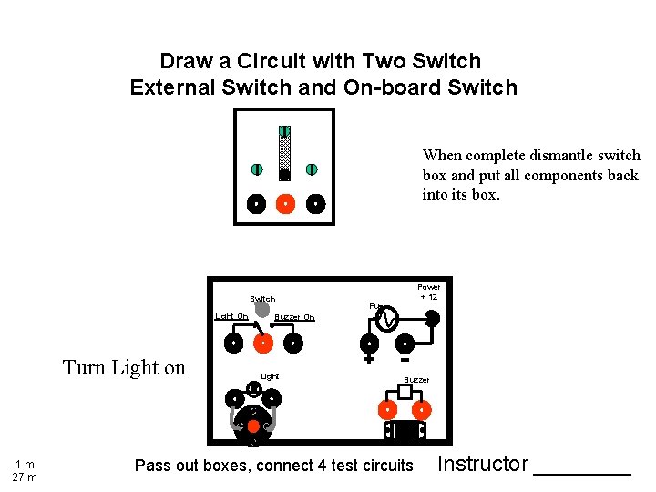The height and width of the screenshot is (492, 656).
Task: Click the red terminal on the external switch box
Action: click(285, 203)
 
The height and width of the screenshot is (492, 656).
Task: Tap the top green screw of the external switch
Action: click(284, 131)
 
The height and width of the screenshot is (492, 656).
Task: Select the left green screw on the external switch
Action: click(257, 169)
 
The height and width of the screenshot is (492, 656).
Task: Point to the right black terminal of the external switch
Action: click(314, 203)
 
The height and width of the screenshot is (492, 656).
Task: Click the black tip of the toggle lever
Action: click(284, 174)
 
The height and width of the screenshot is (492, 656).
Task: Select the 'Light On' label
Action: click(231, 316)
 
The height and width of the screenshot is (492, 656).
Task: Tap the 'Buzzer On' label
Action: click(294, 317)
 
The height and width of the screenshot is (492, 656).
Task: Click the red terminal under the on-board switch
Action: click(262, 343)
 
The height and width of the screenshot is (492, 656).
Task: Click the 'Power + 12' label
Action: click(428, 292)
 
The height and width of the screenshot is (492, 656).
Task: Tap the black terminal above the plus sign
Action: click(369, 343)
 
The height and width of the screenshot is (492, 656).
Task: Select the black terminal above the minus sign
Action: click(403, 343)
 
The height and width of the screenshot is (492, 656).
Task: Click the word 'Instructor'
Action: click(482, 464)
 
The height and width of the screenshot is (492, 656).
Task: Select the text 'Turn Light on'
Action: click(124, 368)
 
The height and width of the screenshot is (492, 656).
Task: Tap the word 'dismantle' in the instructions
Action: click(541, 156)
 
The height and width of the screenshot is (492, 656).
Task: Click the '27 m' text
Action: click(25, 477)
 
